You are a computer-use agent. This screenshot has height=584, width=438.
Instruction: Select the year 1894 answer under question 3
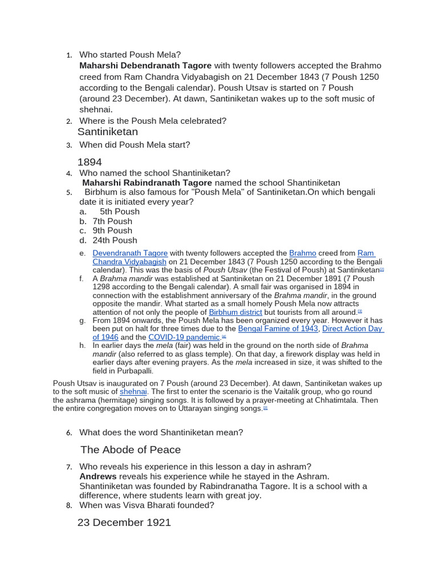coord(90,163)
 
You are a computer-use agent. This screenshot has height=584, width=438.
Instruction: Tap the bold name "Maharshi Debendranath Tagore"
coord(145,66)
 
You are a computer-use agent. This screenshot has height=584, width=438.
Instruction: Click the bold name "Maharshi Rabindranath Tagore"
coord(147,182)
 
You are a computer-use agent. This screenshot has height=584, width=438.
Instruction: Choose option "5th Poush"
coord(119,212)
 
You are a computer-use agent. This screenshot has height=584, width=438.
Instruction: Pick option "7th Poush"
coord(112,221)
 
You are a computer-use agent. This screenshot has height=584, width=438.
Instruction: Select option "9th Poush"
coord(112,230)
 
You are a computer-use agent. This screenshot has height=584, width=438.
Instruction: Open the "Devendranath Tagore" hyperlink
coord(130,253)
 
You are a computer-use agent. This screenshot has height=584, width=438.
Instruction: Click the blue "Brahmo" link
coord(302,253)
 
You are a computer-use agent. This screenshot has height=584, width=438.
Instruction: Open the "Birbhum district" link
coord(236,313)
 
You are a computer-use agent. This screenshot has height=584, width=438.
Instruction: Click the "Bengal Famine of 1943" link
coord(278,329)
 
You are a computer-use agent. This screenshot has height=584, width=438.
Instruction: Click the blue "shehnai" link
coord(133,392)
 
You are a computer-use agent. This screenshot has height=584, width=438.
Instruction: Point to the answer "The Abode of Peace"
coord(131,450)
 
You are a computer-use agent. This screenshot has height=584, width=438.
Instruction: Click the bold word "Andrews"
coord(98,476)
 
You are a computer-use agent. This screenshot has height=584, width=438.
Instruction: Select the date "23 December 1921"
coord(124,522)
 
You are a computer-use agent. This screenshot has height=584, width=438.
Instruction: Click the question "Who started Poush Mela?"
coord(129,55)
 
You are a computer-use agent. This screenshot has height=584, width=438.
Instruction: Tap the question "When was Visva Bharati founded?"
coord(147,505)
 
